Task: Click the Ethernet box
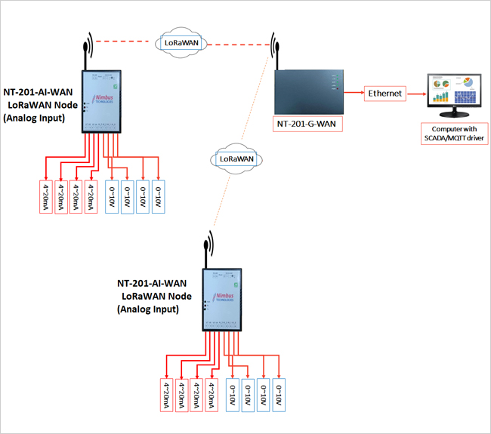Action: point(385,94)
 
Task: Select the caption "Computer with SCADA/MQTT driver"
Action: point(455,134)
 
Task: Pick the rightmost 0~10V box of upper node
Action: point(158,197)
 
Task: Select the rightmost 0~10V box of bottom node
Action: point(279,394)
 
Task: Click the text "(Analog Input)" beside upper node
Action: point(35,119)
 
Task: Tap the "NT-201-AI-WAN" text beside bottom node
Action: point(150,284)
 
